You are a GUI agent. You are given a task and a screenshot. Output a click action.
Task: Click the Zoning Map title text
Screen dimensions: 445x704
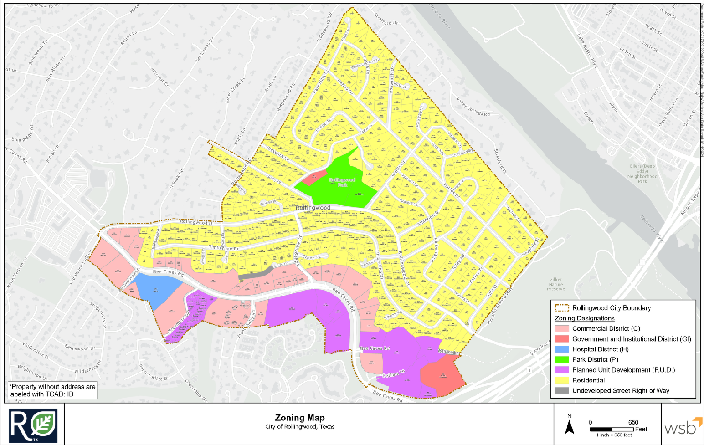click(300, 418)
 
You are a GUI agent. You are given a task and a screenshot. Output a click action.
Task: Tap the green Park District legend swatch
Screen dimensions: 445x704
click(562, 360)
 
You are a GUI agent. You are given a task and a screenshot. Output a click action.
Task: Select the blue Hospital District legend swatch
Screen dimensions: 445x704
click(562, 349)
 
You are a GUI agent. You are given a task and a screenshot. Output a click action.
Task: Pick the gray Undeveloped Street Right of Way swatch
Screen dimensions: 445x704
click(562, 391)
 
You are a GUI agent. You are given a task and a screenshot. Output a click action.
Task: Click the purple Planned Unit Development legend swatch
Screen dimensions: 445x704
click(562, 370)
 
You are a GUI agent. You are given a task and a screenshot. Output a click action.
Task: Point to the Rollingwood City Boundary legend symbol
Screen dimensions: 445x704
click(562, 308)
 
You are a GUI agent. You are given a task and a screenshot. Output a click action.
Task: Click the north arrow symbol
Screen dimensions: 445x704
click(569, 426)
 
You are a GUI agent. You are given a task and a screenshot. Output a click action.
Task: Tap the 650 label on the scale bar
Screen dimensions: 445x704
click(633, 422)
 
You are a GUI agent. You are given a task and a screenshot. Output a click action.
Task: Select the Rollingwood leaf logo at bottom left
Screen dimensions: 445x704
click(34, 426)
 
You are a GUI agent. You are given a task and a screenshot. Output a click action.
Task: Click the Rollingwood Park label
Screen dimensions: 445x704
click(342, 183)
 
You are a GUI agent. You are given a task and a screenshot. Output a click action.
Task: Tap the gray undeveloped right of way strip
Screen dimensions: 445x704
click(255, 273)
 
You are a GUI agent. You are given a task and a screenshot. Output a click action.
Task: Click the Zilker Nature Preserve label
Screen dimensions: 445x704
click(556, 284)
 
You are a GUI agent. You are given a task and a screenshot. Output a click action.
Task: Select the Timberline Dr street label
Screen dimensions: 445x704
click(223, 248)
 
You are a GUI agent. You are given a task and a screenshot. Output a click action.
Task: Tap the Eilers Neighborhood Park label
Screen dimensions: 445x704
click(642, 174)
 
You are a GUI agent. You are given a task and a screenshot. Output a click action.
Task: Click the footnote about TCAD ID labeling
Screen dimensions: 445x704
click(52, 390)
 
